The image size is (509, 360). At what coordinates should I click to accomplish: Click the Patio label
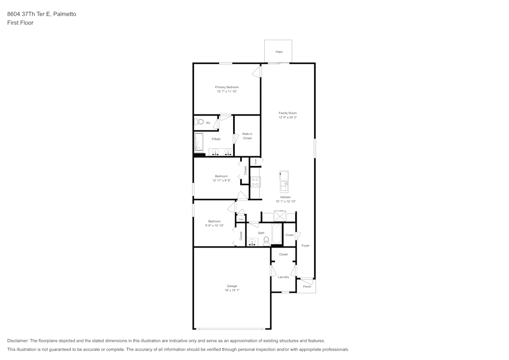coord(279,52)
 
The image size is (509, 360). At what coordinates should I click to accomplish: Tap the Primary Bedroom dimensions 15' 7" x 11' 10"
coord(227,92)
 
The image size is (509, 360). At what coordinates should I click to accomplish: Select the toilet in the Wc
coord(200,122)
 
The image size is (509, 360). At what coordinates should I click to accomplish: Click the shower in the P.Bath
coord(199,142)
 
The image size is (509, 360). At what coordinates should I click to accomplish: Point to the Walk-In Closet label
coord(247,136)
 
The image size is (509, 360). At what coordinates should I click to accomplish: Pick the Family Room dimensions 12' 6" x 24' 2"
coord(288,118)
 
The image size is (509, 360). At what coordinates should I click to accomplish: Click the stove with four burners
coord(256,181)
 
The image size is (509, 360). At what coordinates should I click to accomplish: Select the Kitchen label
coord(286,197)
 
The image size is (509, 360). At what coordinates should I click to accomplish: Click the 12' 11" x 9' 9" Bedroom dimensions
coord(221,180)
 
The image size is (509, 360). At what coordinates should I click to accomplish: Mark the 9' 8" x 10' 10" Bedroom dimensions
coord(214,226)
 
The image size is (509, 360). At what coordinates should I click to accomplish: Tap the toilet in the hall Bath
coord(266,241)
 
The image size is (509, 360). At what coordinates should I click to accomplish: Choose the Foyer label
coord(305,246)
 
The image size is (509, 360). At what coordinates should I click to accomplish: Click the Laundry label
coord(284,277)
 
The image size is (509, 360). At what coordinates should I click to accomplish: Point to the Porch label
coord(307,287)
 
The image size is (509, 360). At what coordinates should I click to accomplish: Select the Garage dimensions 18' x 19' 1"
coord(232,290)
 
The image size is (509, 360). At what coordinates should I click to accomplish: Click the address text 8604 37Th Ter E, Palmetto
coord(42,14)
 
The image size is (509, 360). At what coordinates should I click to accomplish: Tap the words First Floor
coord(20,23)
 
